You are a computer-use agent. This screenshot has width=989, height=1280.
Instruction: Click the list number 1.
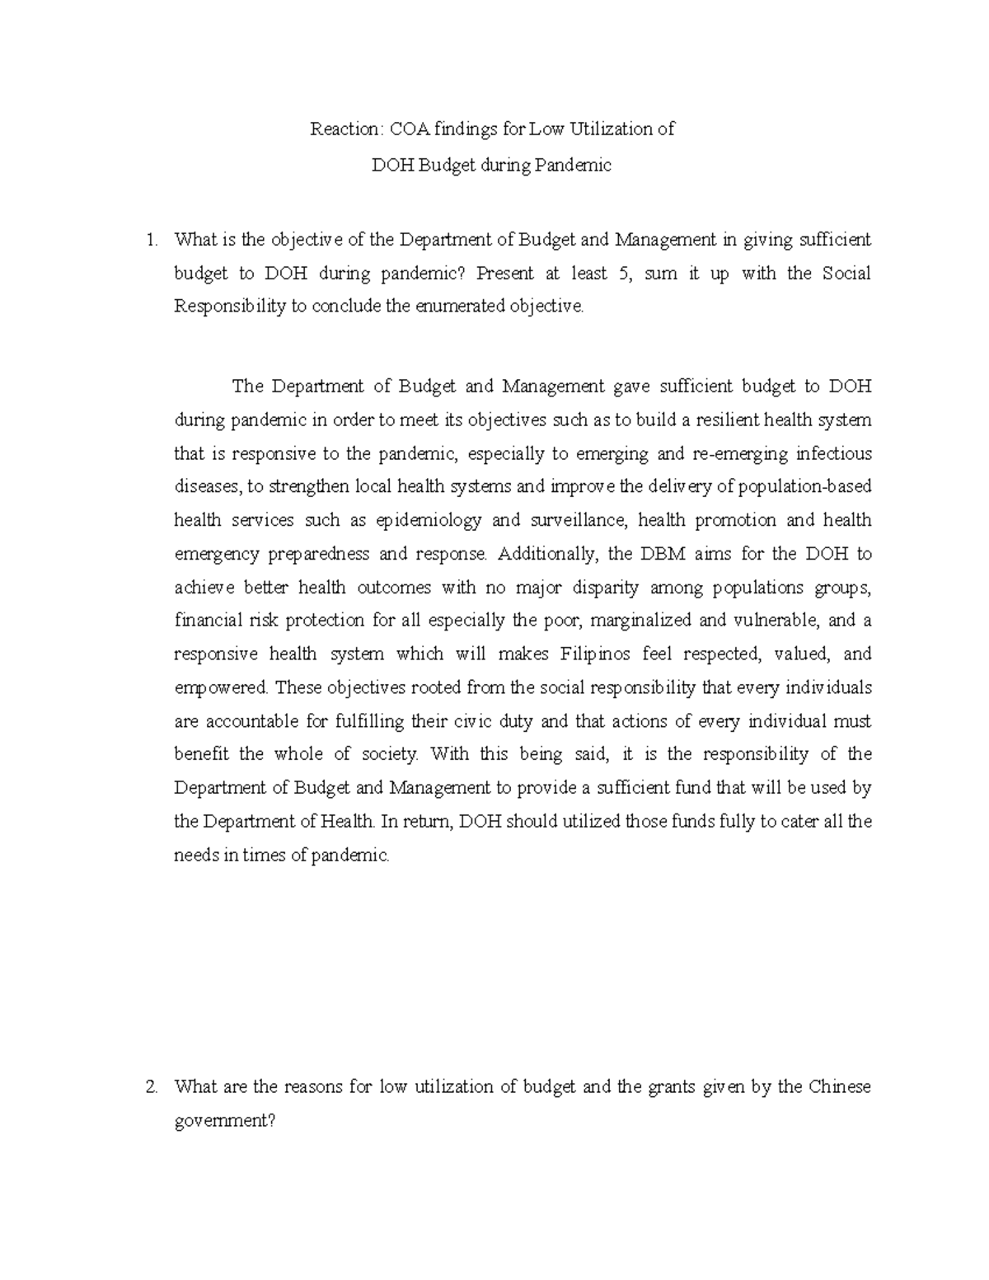click(149, 241)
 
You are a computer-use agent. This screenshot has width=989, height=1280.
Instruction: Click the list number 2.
click(150, 1087)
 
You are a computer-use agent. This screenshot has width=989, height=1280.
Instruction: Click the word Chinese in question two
click(840, 1087)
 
